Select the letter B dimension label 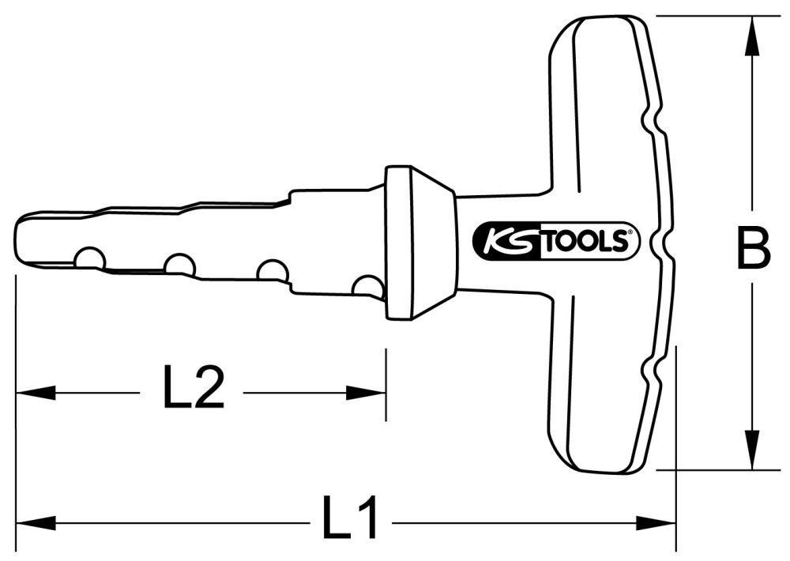[x=751, y=247]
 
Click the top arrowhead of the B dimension [x=751, y=36]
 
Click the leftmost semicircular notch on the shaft [x=89, y=258]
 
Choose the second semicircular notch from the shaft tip [x=180, y=265]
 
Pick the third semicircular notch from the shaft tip [x=273, y=271]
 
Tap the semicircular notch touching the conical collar [x=367, y=286]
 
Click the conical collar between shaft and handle [x=419, y=243]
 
